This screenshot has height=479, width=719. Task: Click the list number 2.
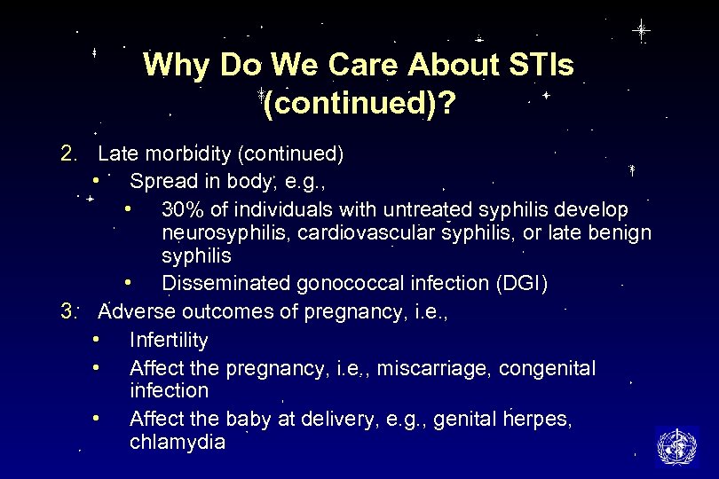(x=69, y=154)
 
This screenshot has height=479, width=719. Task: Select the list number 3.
(x=69, y=311)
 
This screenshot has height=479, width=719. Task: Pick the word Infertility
(x=169, y=341)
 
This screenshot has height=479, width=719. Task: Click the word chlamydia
(x=178, y=442)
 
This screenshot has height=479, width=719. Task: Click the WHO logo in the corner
(x=676, y=446)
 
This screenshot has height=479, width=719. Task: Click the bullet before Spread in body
(x=95, y=182)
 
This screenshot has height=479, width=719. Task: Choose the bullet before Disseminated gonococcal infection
(x=129, y=284)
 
